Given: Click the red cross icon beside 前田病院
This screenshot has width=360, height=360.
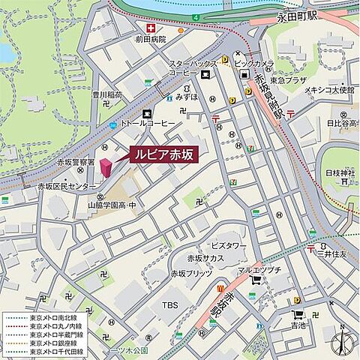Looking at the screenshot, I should (x=153, y=29).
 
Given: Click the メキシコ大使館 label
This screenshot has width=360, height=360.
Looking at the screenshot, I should (x=328, y=90).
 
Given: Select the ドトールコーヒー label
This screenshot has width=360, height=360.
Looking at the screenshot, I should (x=148, y=122).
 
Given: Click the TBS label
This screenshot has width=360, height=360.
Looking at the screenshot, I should (x=170, y=305).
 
